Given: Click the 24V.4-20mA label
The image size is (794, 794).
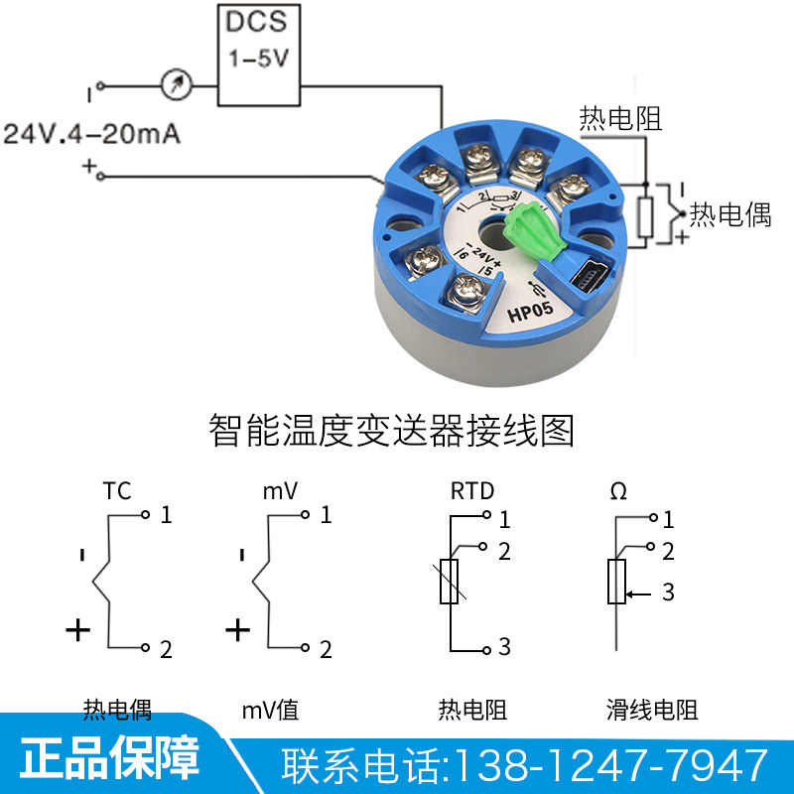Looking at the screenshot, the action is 92,134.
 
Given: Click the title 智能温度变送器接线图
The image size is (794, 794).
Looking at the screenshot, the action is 392,432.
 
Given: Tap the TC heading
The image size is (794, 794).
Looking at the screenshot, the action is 117,490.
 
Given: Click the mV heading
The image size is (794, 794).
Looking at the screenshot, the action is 281,490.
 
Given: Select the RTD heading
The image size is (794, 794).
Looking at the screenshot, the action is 471,490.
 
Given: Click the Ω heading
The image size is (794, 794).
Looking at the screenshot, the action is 617,490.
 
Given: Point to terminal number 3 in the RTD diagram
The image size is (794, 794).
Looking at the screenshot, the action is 504,648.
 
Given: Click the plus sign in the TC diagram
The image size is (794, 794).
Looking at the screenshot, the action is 77,629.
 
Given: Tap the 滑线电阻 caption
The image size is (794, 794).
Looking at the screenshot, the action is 652,710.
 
